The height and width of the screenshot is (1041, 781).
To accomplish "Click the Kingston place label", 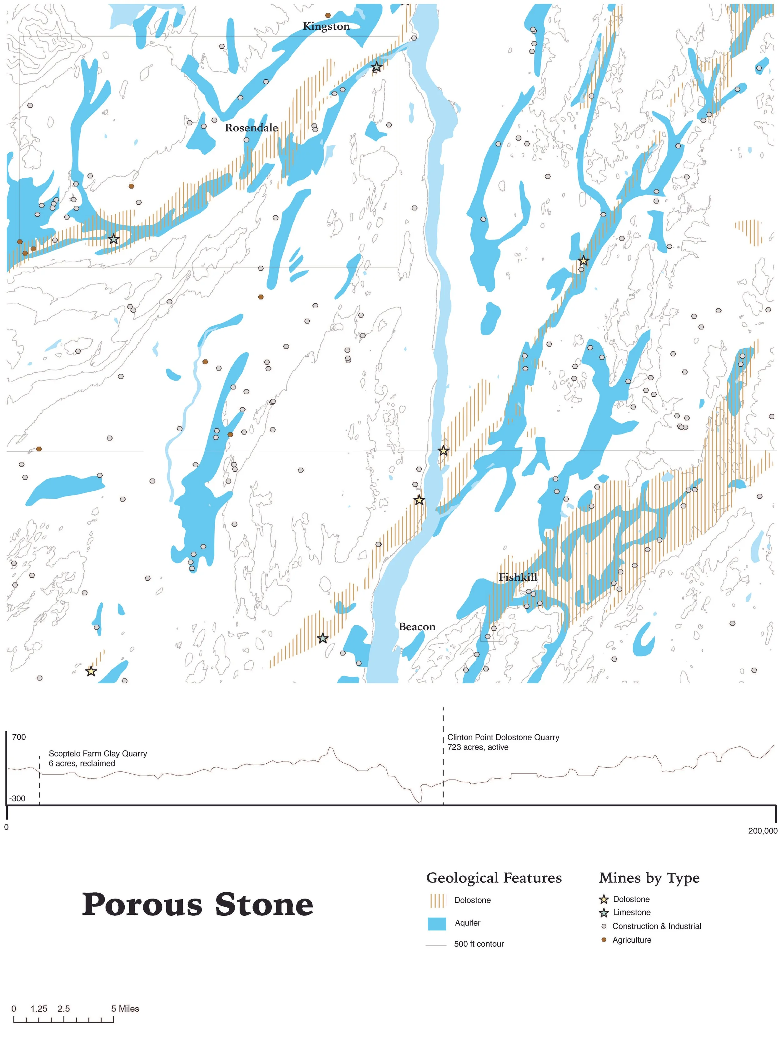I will pos(326,26).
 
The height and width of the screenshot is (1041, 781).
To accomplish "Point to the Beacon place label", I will pos(417,627).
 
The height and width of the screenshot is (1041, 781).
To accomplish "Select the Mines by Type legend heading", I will pos(649,878).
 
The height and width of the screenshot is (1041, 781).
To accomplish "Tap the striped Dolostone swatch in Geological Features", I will pos(436,900).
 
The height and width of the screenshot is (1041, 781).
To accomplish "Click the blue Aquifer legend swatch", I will pos(436,923).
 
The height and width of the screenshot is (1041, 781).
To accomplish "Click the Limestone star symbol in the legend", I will pos(604,913).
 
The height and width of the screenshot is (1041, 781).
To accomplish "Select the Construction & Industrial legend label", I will pos(656,926).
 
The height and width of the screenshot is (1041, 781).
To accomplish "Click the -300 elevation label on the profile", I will pos(17,798).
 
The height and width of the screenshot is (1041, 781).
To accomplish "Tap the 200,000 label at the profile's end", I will pos(762,830).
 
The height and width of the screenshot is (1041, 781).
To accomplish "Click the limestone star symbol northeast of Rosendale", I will pos(376,67).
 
